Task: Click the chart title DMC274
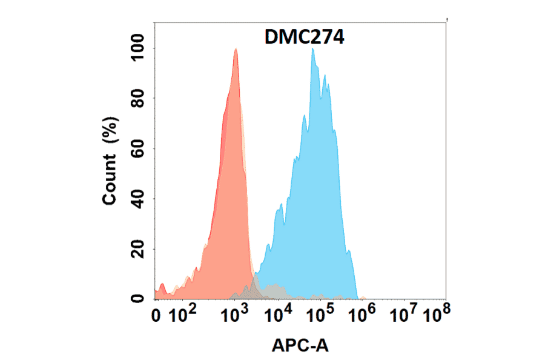point(305,38)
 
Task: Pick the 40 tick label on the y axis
point(139,199)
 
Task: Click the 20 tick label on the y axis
point(139,249)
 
